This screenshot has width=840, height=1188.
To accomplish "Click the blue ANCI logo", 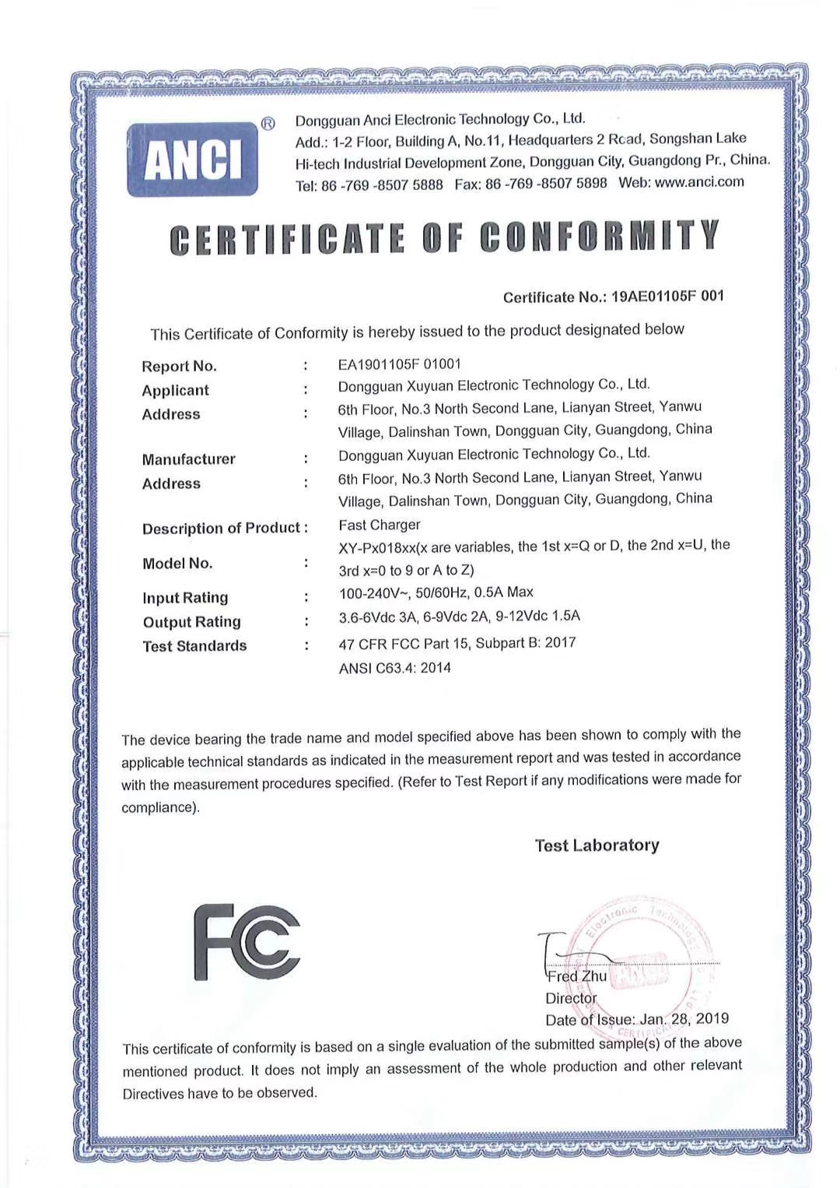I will [192, 159].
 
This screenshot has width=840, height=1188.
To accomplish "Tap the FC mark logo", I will [247, 942].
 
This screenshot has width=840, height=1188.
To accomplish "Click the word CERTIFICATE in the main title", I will [287, 239].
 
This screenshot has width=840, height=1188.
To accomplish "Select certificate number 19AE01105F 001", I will [667, 296].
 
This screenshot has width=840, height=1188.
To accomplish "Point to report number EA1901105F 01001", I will [399, 364].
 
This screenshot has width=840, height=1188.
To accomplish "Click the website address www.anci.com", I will [699, 182].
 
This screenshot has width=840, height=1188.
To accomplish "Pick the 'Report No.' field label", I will [179, 366].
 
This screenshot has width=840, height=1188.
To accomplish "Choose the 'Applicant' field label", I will [175, 390].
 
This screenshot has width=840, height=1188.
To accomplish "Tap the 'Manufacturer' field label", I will [188, 459].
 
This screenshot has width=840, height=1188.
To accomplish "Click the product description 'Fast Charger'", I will [379, 525].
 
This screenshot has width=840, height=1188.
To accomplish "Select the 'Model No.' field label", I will [177, 563].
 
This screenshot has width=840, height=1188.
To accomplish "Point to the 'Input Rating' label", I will [185, 598].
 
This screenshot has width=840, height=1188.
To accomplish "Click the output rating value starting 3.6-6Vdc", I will [459, 617].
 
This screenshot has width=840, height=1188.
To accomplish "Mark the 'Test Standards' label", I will [194, 646].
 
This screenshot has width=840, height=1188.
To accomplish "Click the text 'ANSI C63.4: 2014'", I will [394, 668].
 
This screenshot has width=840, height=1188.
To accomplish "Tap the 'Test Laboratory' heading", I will [597, 845].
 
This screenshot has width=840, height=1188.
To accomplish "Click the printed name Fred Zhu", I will [576, 976].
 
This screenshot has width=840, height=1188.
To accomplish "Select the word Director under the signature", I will [571, 998].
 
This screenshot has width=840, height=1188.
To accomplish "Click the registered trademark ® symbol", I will [268, 124].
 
